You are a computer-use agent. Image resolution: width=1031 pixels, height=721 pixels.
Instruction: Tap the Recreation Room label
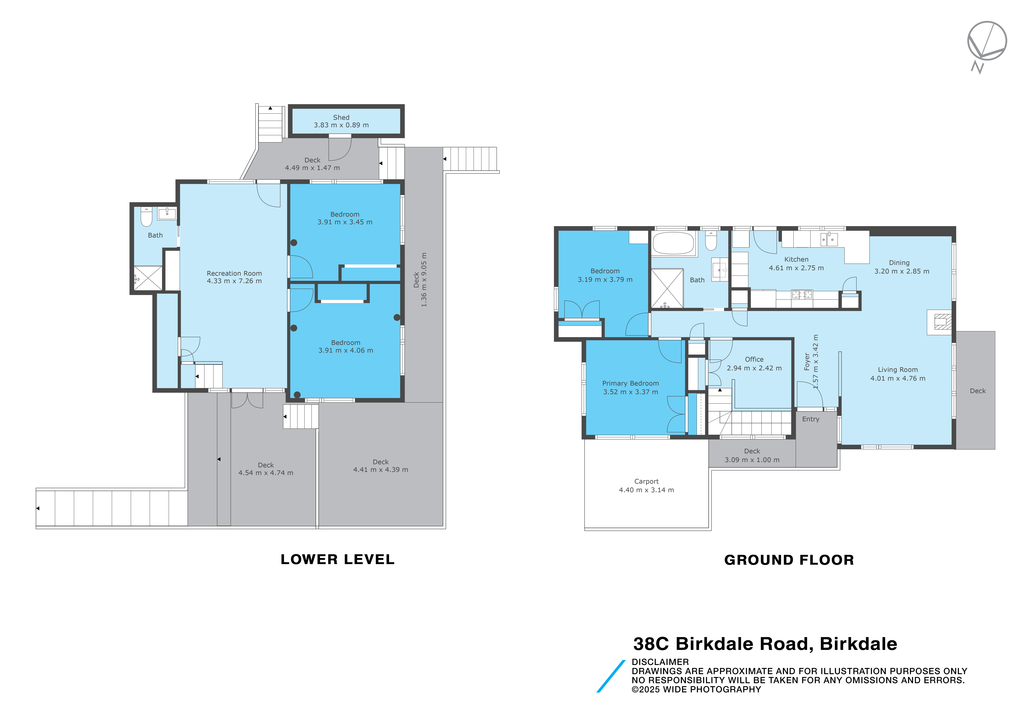point(234,273)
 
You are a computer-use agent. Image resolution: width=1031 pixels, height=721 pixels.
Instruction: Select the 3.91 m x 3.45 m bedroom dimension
point(345,222)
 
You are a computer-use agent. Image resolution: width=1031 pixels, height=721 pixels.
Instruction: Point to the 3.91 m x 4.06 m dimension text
point(346,350)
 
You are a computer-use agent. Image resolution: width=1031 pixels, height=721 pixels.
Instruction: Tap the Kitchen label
point(796,259)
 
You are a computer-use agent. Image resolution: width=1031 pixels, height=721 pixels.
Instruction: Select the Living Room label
point(898,370)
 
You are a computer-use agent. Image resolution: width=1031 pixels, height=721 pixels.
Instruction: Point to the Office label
point(754,359)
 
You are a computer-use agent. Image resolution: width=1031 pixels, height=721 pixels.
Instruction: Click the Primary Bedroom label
point(631,384)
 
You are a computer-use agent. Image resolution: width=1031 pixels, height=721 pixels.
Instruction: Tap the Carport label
point(646,481)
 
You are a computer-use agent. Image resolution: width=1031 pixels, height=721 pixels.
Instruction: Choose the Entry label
point(810,419)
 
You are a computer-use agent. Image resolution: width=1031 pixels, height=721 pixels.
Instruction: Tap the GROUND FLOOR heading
point(789,560)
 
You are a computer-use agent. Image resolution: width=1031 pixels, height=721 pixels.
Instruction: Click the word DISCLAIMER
point(660,662)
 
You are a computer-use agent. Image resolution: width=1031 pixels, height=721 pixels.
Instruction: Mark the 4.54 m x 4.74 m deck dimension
point(266,473)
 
